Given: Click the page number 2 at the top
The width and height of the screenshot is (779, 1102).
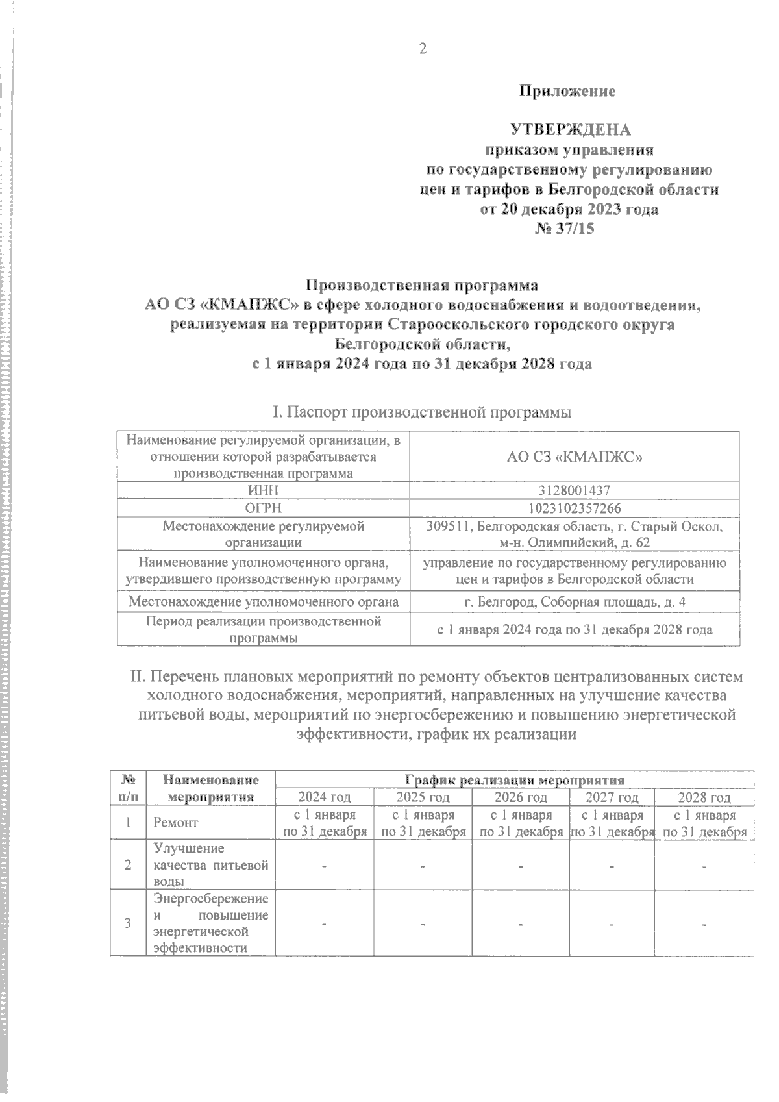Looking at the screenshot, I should tap(423, 49).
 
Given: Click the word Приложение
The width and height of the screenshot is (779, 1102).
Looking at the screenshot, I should tap(567, 92).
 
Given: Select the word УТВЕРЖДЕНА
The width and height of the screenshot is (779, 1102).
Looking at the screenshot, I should tap(570, 130).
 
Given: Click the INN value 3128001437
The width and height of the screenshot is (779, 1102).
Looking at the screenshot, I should tap(575, 491).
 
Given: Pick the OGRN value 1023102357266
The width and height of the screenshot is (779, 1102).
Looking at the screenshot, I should tap(575, 508).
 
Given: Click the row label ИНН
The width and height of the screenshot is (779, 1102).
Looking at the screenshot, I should tap(263, 491).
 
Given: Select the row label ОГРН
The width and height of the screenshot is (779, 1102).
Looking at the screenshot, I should tap(263, 508).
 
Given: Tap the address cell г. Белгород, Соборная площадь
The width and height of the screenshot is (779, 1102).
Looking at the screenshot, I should tap(575, 602).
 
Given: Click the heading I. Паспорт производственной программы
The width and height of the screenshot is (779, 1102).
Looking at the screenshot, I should tap(422, 412).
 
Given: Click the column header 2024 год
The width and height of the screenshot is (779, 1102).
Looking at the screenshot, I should tap(324, 797).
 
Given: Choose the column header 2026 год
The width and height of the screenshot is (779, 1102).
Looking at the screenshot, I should tap(521, 797).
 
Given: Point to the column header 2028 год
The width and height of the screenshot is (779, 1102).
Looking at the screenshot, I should tap(704, 797).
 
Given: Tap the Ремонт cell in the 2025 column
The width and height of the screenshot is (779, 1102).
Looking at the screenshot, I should tap(423, 823).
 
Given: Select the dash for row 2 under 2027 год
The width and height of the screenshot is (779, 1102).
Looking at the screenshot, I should tap(611, 866).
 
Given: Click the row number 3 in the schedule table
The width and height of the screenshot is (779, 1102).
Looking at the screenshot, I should tap(129, 923).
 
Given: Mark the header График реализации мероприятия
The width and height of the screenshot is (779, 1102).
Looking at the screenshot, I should tap(514, 780).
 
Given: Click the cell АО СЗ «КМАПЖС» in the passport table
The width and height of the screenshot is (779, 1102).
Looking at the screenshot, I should tap(575, 457).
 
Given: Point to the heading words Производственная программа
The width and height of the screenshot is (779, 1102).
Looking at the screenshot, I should tap(422, 285).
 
